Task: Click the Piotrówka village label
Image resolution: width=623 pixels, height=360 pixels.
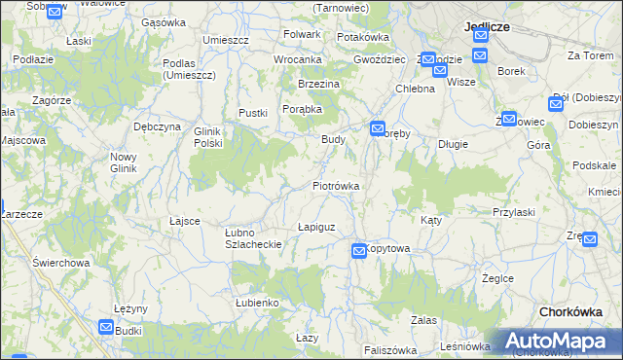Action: coord(336,185)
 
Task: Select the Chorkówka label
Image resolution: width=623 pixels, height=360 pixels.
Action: coord(575,311)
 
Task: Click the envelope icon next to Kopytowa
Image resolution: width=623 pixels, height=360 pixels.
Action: coord(359,251)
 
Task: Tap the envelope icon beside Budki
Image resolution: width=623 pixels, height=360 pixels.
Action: coord(106,328)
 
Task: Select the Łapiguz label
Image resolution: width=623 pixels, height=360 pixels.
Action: coord(315,227)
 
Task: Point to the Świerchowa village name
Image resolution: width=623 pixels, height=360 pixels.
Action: coord(60,263)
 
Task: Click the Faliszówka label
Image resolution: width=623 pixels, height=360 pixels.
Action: coord(389,350)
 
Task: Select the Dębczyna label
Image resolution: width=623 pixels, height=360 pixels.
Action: coord(158,126)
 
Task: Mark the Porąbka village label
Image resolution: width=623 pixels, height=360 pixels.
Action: coord(303,109)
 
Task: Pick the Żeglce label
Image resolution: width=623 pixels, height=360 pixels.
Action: coord(497,278)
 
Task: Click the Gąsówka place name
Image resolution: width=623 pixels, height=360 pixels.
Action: coord(163,22)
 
